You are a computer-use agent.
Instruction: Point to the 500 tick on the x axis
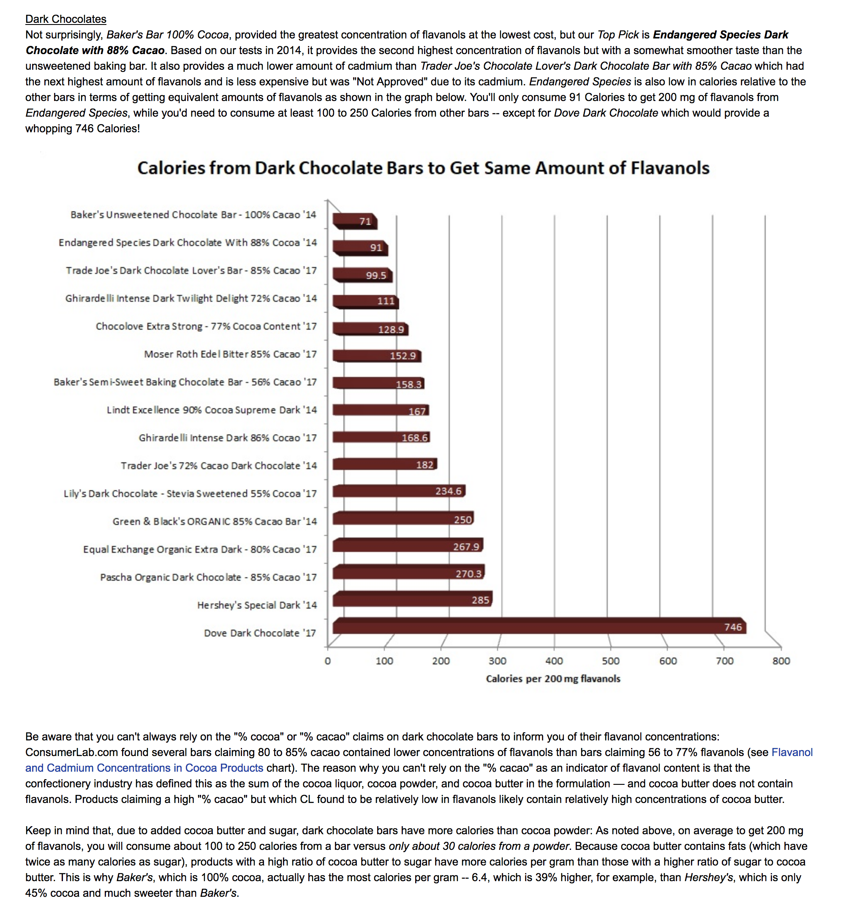point(610,661)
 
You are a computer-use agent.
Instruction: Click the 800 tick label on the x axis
point(781,661)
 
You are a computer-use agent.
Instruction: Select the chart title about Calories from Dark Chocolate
point(423,168)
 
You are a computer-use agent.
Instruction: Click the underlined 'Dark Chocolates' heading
point(65,19)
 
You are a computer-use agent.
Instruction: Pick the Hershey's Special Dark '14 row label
point(257,605)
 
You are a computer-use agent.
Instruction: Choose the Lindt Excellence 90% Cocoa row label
point(211,410)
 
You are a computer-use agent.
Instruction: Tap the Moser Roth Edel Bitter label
point(230,354)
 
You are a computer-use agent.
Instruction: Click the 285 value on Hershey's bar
point(480,600)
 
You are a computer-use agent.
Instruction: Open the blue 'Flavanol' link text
point(791,752)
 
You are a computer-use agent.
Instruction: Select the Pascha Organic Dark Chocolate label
point(208,577)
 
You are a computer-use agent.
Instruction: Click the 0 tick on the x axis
point(327,661)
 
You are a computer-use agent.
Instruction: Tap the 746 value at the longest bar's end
point(732,627)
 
